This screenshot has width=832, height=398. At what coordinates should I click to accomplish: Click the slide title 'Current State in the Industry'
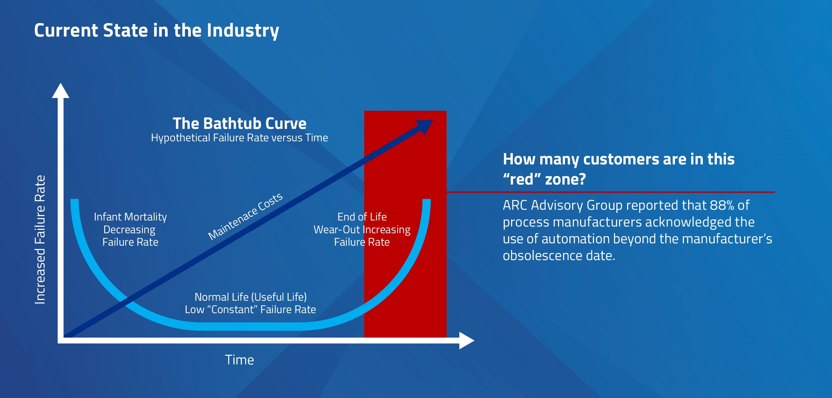156,31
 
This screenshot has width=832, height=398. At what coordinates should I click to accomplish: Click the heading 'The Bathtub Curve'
239,123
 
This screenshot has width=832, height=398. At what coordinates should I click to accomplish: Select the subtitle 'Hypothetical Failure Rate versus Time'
239,138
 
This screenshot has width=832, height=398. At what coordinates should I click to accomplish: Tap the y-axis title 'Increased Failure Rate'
40,240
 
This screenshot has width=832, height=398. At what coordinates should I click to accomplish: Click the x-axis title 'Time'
239,360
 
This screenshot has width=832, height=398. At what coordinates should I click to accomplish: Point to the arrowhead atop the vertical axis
61,91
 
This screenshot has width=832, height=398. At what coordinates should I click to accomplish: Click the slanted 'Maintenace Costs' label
245,216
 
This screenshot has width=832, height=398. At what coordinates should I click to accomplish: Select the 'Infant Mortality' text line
130,217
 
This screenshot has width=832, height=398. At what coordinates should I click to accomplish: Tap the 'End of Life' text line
362,217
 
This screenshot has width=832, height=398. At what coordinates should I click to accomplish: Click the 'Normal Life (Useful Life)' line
251,297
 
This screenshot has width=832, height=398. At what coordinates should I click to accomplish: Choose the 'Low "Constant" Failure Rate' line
250,309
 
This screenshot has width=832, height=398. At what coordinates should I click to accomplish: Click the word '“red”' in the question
522,179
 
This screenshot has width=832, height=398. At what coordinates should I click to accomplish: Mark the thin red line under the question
610,192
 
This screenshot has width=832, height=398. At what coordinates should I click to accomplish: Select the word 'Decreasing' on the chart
129,230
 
